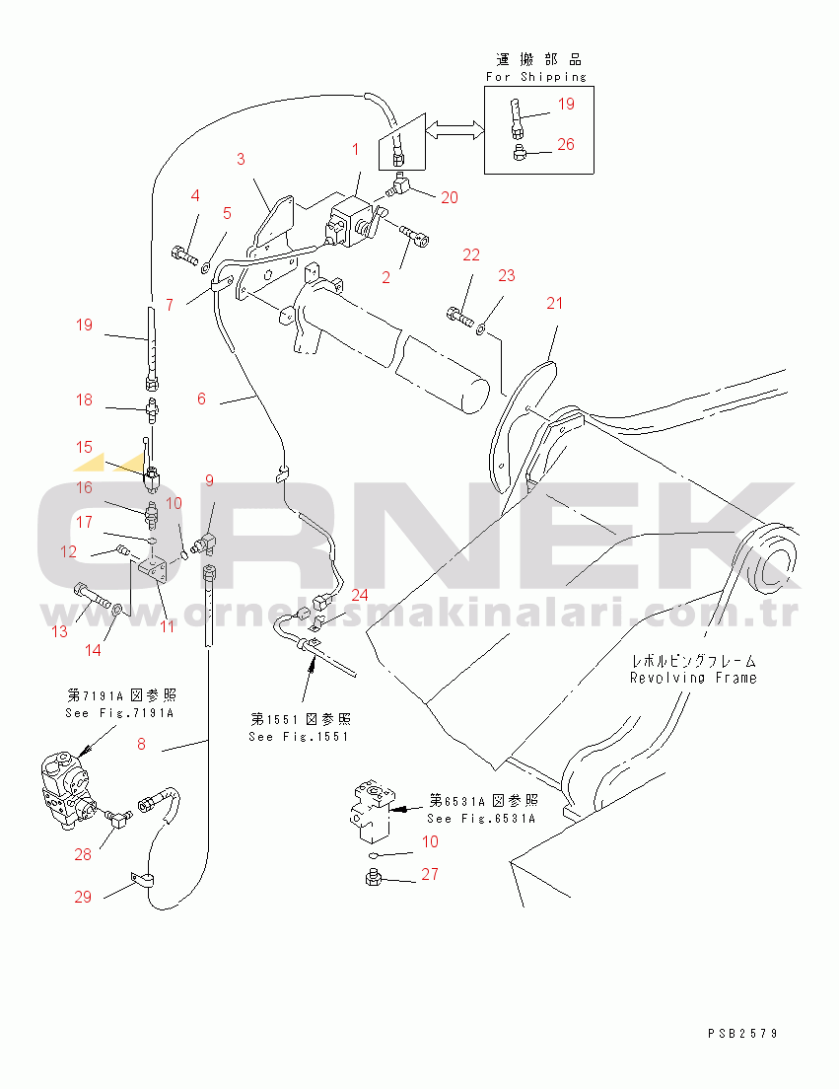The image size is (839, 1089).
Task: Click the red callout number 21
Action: (x=555, y=303)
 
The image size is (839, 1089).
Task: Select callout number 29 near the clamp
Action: (x=82, y=897)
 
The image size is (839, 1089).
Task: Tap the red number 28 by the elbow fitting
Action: (x=82, y=854)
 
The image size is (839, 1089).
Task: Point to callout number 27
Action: (x=430, y=874)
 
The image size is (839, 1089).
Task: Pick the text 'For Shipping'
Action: (x=535, y=76)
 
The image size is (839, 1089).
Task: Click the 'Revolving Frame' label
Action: (x=694, y=678)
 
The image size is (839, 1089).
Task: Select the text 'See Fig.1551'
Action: (x=300, y=736)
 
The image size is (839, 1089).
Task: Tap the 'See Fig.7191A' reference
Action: (x=104, y=712)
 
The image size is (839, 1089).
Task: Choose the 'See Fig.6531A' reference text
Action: (x=482, y=818)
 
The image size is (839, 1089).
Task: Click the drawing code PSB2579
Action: (x=742, y=1034)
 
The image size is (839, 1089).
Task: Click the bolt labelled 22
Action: (x=458, y=316)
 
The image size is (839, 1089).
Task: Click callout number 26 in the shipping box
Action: (x=565, y=144)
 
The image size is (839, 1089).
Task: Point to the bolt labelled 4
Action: (x=184, y=254)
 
